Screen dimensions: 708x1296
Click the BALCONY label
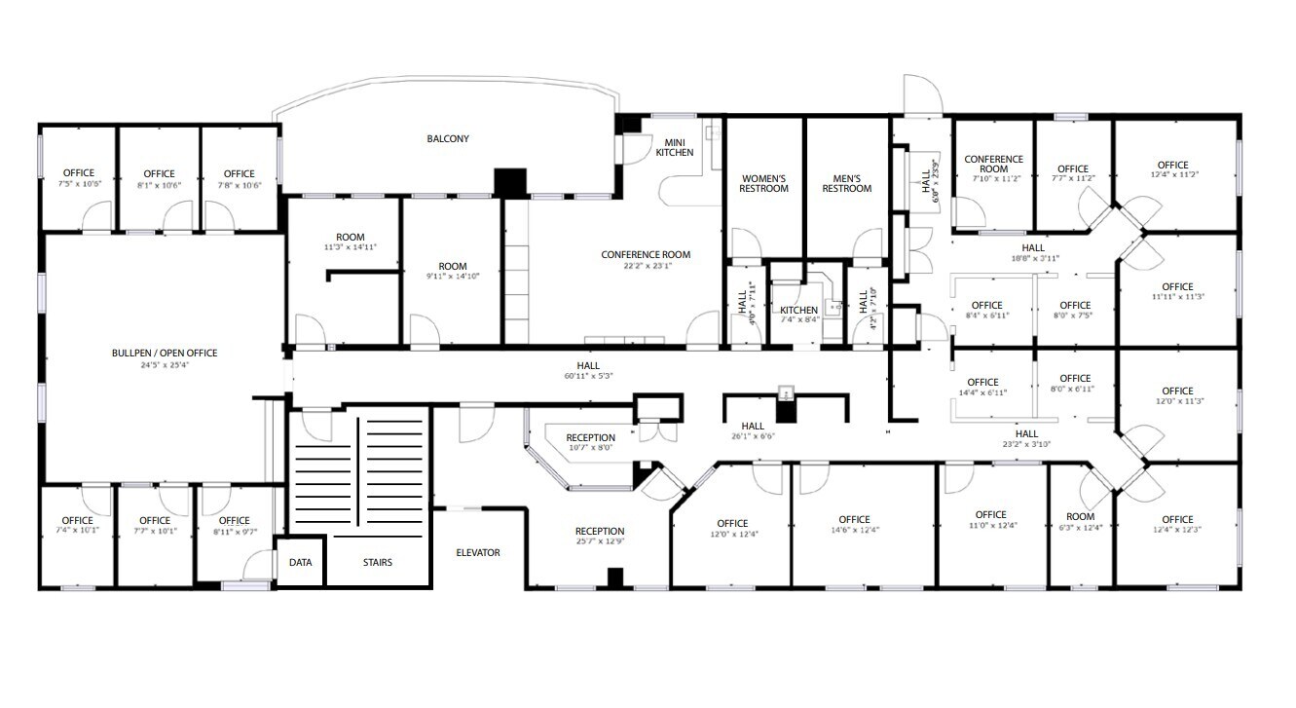(x=448, y=139)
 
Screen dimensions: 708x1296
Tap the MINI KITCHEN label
(x=675, y=147)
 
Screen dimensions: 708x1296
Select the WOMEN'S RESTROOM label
(x=764, y=183)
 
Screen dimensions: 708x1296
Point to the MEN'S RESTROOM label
(x=846, y=183)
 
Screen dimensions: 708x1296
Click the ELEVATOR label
(x=478, y=553)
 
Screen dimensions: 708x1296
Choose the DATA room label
(x=301, y=562)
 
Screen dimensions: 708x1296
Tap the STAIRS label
(x=378, y=562)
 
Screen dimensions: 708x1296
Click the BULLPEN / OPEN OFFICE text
(x=165, y=353)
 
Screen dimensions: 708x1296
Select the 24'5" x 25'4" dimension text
(x=165, y=365)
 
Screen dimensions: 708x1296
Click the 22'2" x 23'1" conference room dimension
(x=645, y=267)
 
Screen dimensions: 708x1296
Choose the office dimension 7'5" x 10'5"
(x=78, y=184)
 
